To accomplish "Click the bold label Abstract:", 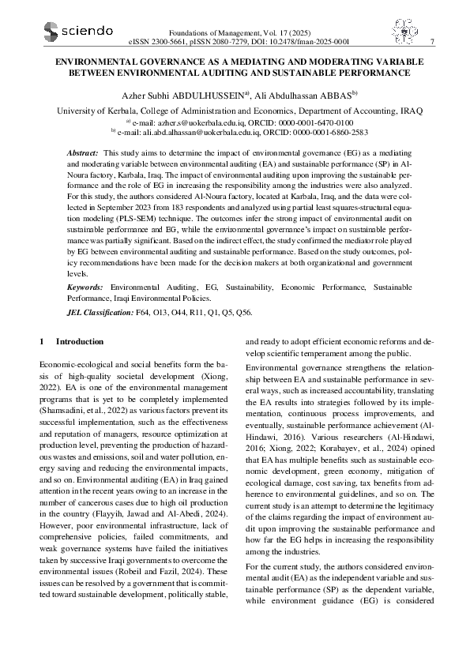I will pyautogui.click(x=82, y=150).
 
